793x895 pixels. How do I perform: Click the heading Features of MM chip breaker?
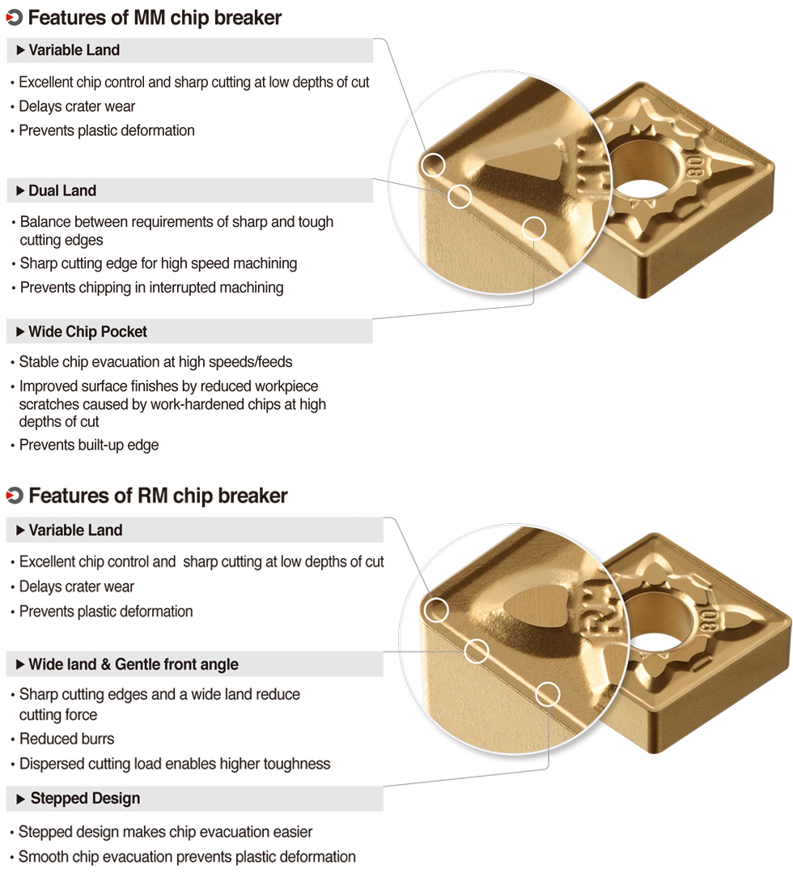pyautogui.click(x=155, y=18)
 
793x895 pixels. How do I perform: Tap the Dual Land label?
pyautogui.click(x=62, y=191)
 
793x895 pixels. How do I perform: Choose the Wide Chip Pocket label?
pyautogui.click(x=87, y=332)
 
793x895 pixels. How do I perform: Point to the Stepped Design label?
pyautogui.click(x=85, y=799)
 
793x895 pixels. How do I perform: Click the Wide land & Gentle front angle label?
pyautogui.click(x=134, y=665)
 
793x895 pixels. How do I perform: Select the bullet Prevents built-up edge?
pyautogui.click(x=89, y=445)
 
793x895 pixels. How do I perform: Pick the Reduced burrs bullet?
pyautogui.click(x=67, y=739)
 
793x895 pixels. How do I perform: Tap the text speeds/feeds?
pyautogui.click(x=252, y=362)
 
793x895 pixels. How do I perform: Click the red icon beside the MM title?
pyautogui.click(x=14, y=18)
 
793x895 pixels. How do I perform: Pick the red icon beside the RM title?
pyautogui.click(x=14, y=496)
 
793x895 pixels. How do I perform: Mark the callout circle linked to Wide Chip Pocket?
pyautogui.click(x=535, y=228)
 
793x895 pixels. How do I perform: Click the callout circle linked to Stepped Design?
pyautogui.click(x=548, y=693)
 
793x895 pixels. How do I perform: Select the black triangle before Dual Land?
pyautogui.click(x=20, y=191)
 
